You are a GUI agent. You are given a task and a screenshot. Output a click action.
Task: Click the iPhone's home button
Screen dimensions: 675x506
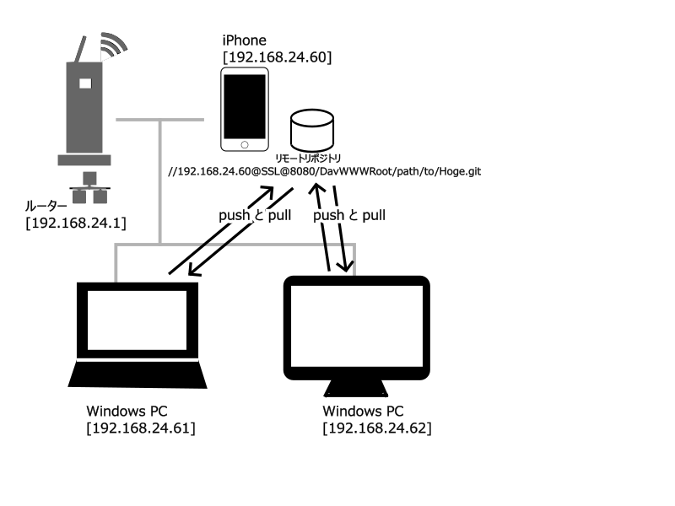pyautogui.click(x=245, y=145)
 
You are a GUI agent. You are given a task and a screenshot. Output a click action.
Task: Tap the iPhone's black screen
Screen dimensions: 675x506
pyautogui.click(x=245, y=107)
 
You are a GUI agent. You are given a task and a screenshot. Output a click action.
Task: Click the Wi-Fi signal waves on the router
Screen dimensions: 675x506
pyautogui.click(x=113, y=45)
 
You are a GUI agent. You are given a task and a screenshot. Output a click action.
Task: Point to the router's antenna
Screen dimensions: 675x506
pyautogui.click(x=80, y=50)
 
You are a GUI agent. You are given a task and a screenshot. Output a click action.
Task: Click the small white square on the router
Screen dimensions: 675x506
pyautogui.click(x=85, y=83)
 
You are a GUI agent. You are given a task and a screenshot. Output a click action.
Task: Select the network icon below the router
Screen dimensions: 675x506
pyautogui.click(x=89, y=187)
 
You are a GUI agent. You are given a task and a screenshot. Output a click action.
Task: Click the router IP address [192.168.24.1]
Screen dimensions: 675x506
pyautogui.click(x=76, y=223)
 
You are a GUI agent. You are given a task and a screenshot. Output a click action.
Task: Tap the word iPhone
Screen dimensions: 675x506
pyautogui.click(x=244, y=40)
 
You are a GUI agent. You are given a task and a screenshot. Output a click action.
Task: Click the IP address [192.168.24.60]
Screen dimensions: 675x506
pyautogui.click(x=278, y=57)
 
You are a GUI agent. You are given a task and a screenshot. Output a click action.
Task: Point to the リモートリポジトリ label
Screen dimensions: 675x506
pyautogui.click(x=308, y=158)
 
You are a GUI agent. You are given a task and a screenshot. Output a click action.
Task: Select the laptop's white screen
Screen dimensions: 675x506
pyautogui.click(x=137, y=320)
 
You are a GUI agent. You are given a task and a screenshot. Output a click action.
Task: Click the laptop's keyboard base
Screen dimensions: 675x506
pyautogui.click(x=138, y=374)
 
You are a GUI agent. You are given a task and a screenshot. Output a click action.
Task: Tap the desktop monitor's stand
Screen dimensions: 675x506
pyautogui.click(x=355, y=388)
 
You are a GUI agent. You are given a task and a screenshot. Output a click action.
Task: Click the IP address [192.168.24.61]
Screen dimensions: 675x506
pyautogui.click(x=141, y=428)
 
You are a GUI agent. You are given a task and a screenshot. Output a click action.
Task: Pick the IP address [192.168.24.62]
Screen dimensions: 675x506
pyautogui.click(x=376, y=428)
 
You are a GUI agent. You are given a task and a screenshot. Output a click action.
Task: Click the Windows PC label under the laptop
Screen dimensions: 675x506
pyautogui.click(x=127, y=411)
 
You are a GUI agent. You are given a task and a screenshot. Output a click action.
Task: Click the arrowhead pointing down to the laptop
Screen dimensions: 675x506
pyautogui.click(x=195, y=270)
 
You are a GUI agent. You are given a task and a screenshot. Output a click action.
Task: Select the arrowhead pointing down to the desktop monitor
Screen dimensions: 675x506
pyautogui.click(x=346, y=266)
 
